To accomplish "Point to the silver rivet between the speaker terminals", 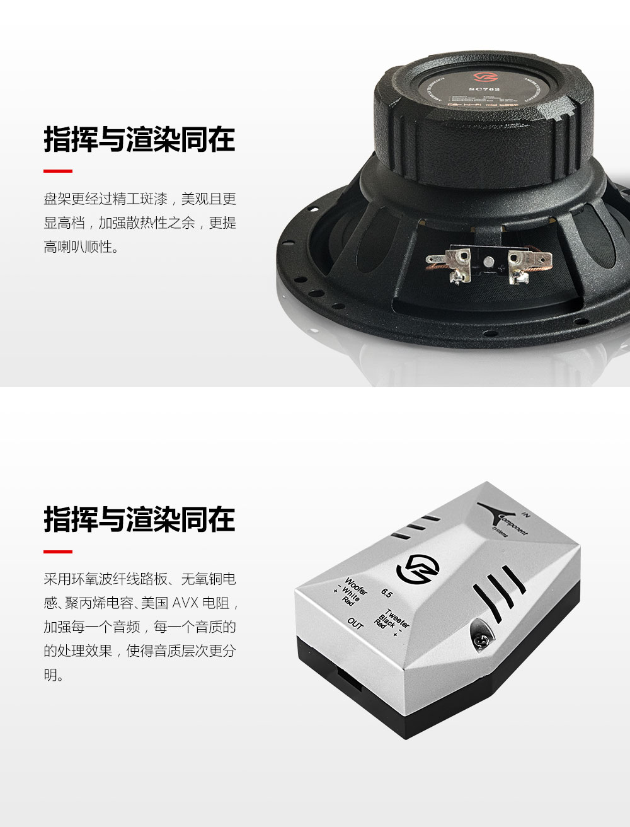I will [488, 261].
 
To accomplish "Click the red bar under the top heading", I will [58, 171].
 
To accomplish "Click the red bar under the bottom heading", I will [58, 552].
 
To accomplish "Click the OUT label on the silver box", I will [355, 623].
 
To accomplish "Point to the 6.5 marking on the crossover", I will [387, 593].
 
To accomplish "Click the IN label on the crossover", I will [527, 516].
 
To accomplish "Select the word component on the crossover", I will [513, 526].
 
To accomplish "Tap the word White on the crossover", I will [350, 594].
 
